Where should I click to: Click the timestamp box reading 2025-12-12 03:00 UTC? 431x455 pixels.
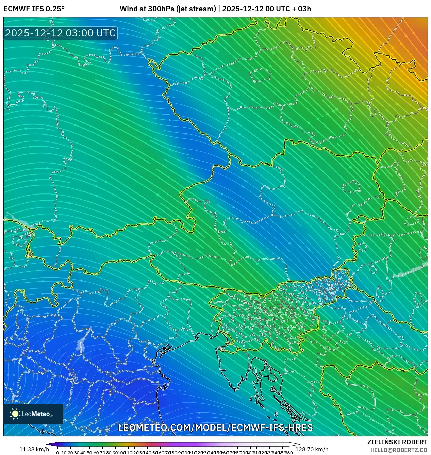60,33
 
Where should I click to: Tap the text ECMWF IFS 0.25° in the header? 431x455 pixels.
34,9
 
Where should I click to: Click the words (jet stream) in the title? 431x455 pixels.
196,9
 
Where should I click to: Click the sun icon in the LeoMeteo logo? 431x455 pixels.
15,414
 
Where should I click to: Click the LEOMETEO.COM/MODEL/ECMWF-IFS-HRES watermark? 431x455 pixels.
215,427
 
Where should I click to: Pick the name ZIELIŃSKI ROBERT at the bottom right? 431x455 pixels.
397,442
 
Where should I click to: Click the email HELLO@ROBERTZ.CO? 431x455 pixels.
399,450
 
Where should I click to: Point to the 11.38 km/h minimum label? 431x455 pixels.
34,449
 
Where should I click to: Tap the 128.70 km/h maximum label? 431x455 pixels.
312,449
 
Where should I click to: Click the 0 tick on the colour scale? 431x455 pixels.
57,453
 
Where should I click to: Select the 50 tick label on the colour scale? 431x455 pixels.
89,453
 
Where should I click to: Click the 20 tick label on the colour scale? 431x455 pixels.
70,453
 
